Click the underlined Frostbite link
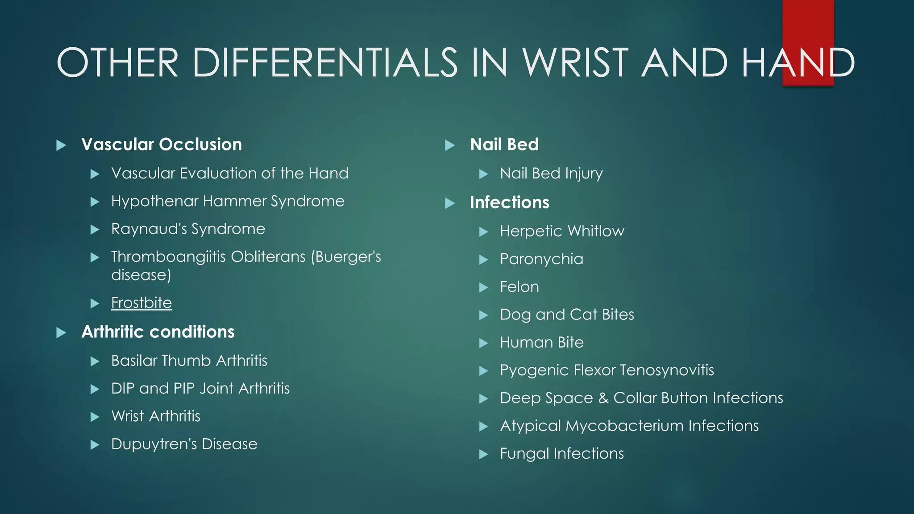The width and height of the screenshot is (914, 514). click(141, 303)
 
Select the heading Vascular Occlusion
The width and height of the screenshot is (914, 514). click(162, 145)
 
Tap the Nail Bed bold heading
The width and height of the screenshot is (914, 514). click(504, 145)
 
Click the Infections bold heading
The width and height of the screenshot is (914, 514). click(509, 203)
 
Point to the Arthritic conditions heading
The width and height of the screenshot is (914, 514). click(158, 332)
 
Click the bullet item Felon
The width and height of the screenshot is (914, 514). click(519, 287)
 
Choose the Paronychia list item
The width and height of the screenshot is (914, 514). click(541, 259)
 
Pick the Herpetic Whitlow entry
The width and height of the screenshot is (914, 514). click(562, 231)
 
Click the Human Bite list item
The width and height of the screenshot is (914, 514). click(542, 343)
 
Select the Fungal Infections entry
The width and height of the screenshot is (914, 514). click(562, 454)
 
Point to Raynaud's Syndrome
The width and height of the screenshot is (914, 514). click(188, 229)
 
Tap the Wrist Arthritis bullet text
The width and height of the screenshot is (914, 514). click(156, 416)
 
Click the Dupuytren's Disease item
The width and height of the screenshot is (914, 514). click(184, 444)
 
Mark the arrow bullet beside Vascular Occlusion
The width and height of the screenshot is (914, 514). click(61, 145)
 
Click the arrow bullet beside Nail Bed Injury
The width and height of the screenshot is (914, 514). click(483, 174)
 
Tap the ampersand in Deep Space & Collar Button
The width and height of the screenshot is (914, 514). click(603, 398)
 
